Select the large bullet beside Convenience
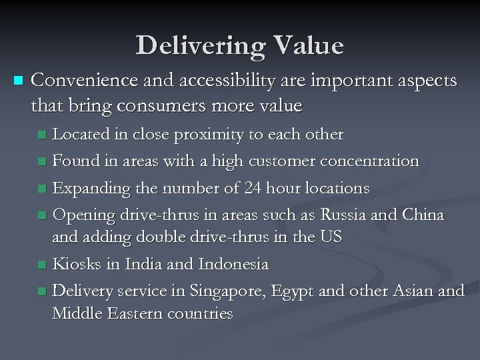[x=17, y=81]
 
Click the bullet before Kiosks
[x=43, y=265]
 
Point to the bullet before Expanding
[x=43, y=189]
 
